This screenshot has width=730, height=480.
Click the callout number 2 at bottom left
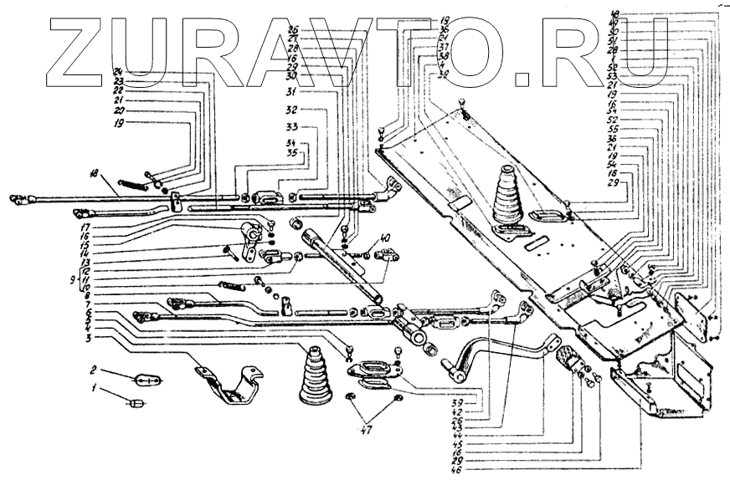[95, 368]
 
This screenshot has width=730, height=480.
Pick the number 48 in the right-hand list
[615, 14]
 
